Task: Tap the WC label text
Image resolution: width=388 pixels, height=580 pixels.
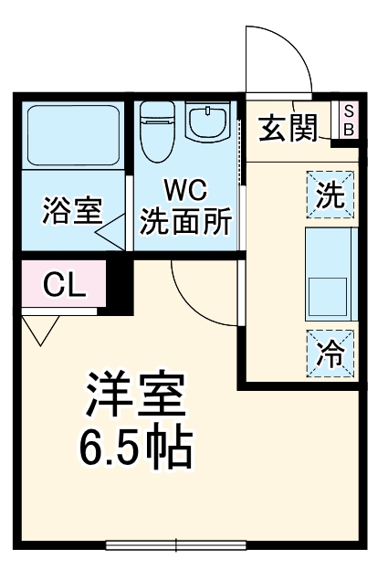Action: tap(185, 191)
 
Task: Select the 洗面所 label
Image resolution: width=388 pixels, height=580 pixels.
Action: tap(185, 220)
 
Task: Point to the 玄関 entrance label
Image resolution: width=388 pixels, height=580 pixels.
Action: tap(288, 129)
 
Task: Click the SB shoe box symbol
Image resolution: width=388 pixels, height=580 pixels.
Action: tap(348, 120)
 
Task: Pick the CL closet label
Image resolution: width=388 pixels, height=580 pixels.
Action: tap(64, 286)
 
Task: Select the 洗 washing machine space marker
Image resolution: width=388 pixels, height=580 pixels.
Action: tap(330, 193)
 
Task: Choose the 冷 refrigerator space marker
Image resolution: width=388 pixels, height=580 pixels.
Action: tap(330, 351)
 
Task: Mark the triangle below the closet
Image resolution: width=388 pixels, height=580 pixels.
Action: tap(39, 330)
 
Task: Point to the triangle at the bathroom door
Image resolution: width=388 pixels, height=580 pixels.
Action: tap(111, 232)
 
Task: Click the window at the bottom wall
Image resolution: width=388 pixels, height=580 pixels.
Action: tap(176, 546)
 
